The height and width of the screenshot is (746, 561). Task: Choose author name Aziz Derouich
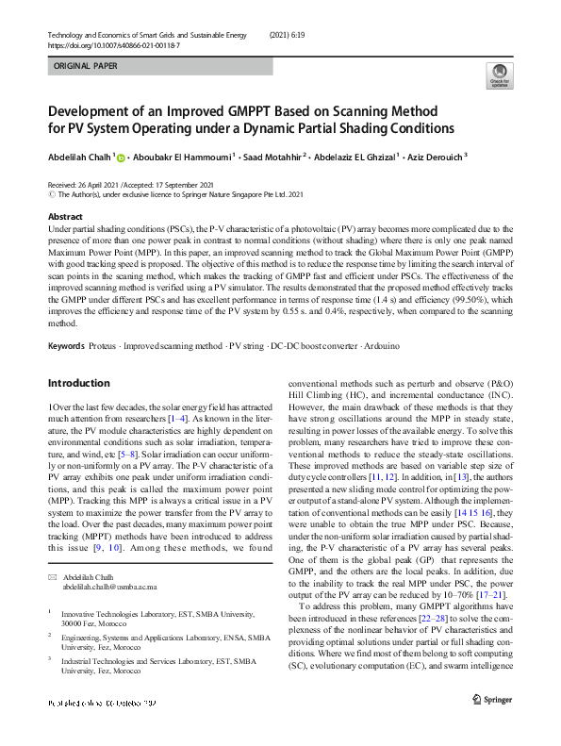(x=434, y=157)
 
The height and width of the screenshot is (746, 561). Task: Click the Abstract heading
(x=64, y=216)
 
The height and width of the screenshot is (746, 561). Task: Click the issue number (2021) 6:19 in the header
(x=292, y=33)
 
